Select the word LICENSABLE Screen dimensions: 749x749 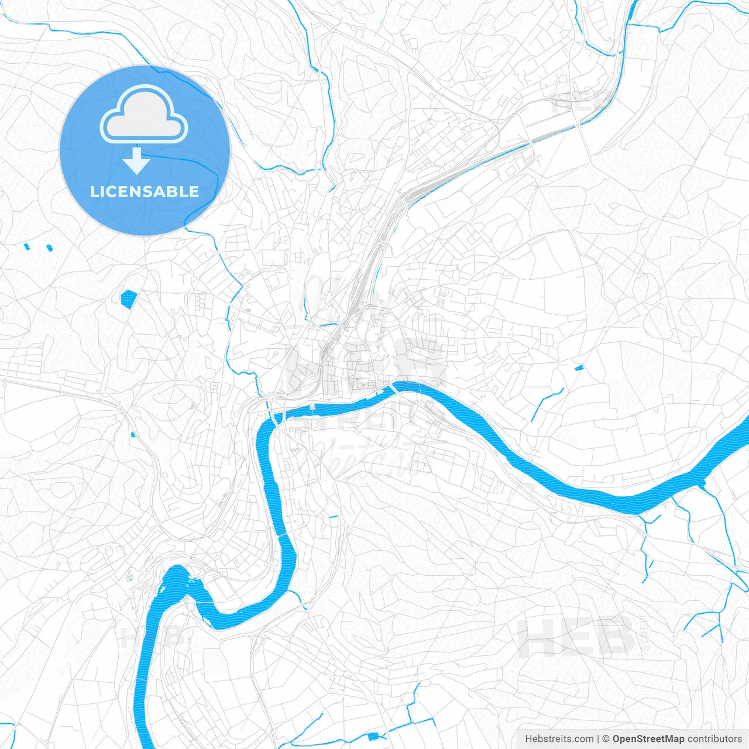(x=145, y=191)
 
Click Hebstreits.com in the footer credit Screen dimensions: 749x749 (x=559, y=739)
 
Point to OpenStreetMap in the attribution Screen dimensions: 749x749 (x=648, y=739)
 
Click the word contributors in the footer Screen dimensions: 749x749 (x=714, y=739)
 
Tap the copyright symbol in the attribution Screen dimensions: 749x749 (x=606, y=739)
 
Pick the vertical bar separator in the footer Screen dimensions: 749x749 (x=597, y=739)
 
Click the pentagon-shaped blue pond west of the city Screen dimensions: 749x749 (x=128, y=298)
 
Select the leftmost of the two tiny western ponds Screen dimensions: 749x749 (x=27, y=247)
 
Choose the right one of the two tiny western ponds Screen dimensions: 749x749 (x=50, y=248)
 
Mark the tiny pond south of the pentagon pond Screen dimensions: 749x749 (x=133, y=435)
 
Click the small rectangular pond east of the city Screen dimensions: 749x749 (x=579, y=367)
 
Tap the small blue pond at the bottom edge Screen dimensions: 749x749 (x=374, y=736)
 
